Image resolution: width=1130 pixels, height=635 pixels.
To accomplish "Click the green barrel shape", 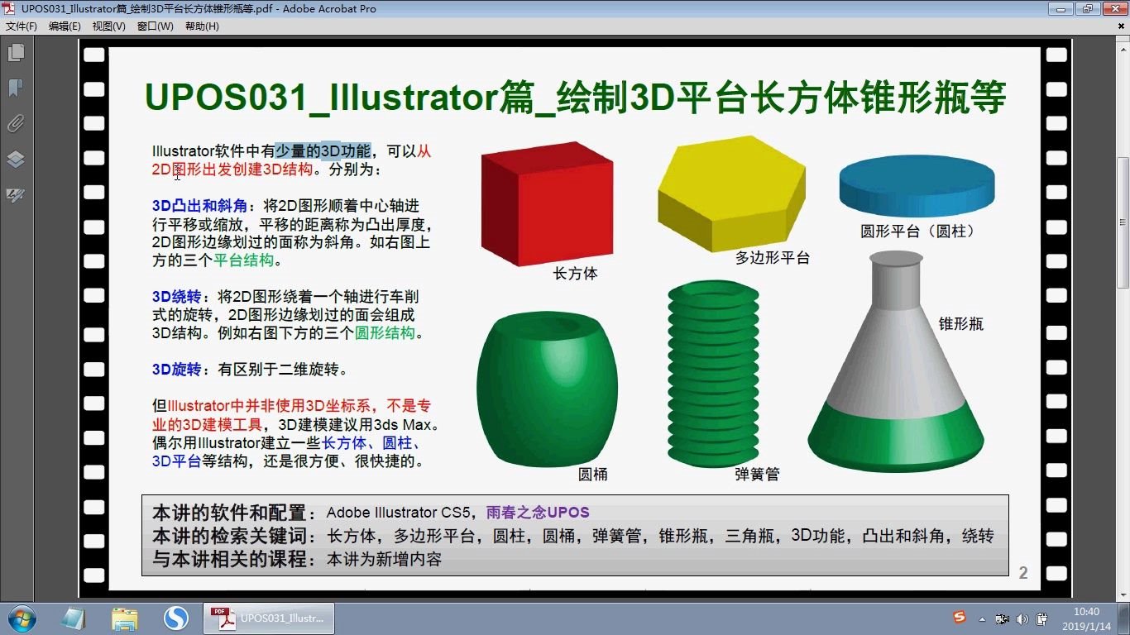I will point(546,389).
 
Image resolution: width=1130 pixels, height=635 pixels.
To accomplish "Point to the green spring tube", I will point(712,372).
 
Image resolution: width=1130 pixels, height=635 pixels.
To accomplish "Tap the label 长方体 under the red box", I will point(575,274).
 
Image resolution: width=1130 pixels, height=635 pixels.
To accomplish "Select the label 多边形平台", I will point(773,258).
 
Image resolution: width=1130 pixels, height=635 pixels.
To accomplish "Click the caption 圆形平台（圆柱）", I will point(917,232).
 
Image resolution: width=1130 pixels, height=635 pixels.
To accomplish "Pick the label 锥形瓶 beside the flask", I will point(961,324).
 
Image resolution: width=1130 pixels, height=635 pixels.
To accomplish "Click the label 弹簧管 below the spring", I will point(756,475).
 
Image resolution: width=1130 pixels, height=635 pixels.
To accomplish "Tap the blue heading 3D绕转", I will point(176,297).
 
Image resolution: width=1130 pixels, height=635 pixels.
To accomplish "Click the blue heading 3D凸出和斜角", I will point(199,206).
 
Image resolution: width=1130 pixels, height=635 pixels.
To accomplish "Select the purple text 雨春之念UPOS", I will point(538,513).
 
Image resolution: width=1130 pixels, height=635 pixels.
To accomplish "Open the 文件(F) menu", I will point(22,26).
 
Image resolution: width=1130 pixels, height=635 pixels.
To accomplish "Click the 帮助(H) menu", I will point(202,26).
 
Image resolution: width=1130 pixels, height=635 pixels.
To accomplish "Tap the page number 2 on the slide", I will point(1023,573).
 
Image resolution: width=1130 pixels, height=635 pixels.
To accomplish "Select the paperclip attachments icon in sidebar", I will point(16,124).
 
